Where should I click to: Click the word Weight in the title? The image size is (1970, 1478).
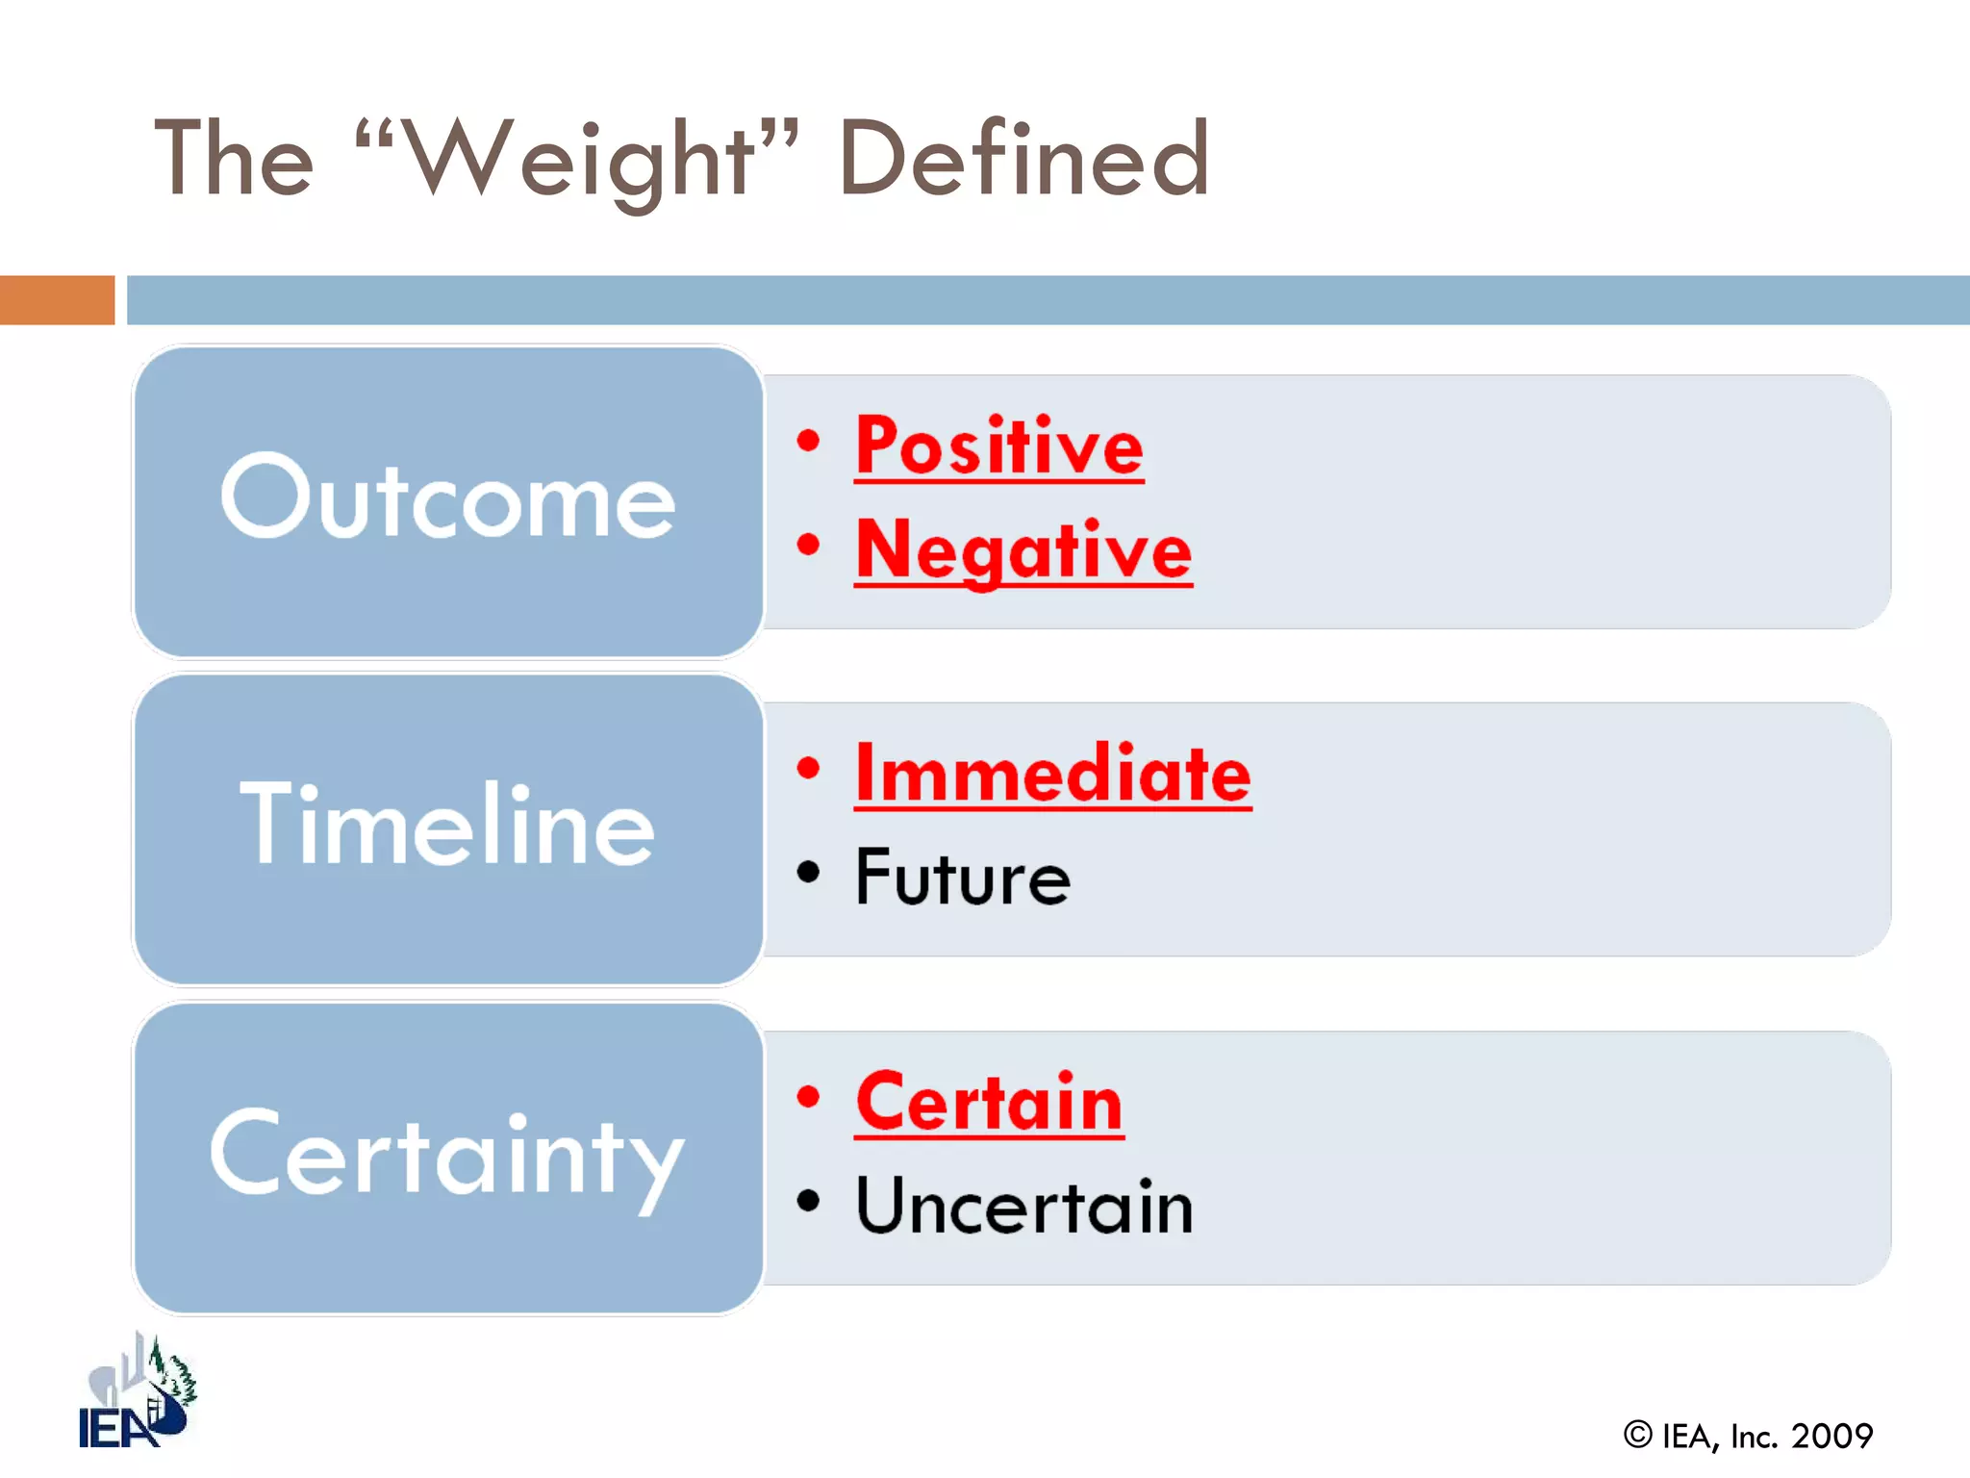click(x=577, y=159)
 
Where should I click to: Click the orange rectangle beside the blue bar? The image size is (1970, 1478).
click(x=57, y=299)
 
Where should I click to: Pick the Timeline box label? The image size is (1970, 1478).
click(x=447, y=826)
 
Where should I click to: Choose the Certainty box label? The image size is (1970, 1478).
click(x=447, y=1155)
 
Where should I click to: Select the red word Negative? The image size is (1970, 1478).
click(x=1023, y=550)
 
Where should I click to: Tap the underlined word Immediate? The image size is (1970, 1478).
click(x=1052, y=775)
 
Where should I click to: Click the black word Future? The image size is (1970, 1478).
click(x=962, y=878)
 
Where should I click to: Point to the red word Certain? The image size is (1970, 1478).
click(x=989, y=1103)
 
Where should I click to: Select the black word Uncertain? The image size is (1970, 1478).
click(x=1024, y=1207)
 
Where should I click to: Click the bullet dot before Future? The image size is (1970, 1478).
click(x=808, y=872)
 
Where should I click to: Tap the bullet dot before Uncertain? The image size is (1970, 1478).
click(x=808, y=1200)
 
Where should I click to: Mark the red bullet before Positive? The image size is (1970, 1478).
click(x=808, y=441)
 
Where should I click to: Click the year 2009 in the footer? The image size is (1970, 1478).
click(x=1831, y=1437)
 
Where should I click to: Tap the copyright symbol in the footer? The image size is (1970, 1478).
click(x=1637, y=1435)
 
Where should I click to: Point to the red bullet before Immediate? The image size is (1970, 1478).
click(x=808, y=768)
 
